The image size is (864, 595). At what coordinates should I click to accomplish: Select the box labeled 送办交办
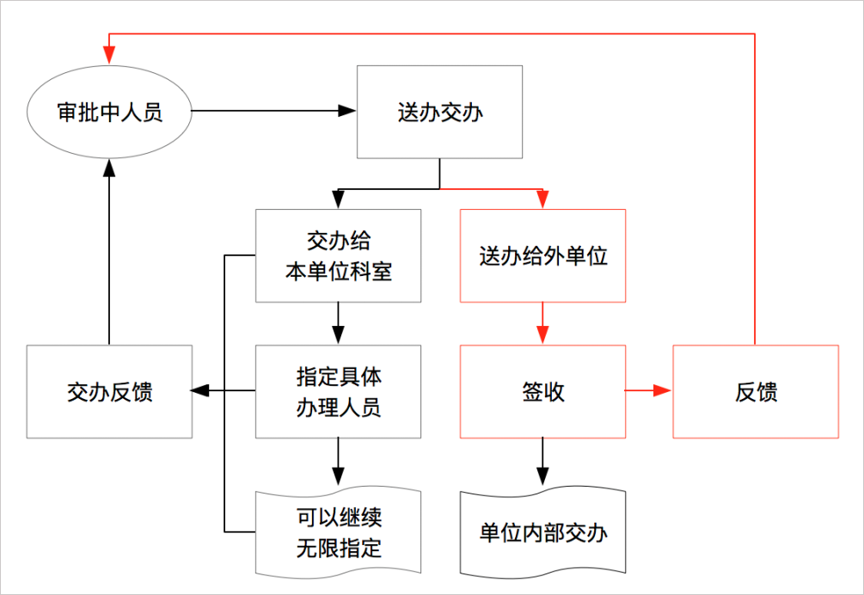pyautogui.click(x=439, y=112)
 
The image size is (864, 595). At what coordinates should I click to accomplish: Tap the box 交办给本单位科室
pyautogui.click(x=339, y=255)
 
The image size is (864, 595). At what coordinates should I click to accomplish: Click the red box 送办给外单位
pyautogui.click(x=542, y=255)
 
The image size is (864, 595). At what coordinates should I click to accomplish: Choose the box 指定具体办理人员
pyautogui.click(x=339, y=391)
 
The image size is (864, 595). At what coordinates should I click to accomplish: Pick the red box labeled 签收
pyautogui.click(x=542, y=391)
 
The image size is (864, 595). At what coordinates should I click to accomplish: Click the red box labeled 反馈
pyautogui.click(x=755, y=391)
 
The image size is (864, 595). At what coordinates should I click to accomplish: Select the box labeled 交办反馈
pyautogui.click(x=109, y=391)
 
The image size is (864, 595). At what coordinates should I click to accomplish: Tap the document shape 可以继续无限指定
pyautogui.click(x=339, y=532)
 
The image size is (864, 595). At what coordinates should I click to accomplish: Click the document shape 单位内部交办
pyautogui.click(x=542, y=532)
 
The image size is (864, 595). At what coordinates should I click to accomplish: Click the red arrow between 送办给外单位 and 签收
pyautogui.click(x=542, y=324)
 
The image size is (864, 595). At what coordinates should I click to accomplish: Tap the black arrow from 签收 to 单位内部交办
pyautogui.click(x=542, y=464)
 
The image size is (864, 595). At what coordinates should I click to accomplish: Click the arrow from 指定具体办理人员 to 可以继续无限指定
pyautogui.click(x=339, y=464)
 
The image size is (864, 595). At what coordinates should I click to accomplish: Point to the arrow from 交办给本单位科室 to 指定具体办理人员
pyautogui.click(x=339, y=324)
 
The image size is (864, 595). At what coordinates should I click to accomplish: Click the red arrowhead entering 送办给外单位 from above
pyautogui.click(x=542, y=199)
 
